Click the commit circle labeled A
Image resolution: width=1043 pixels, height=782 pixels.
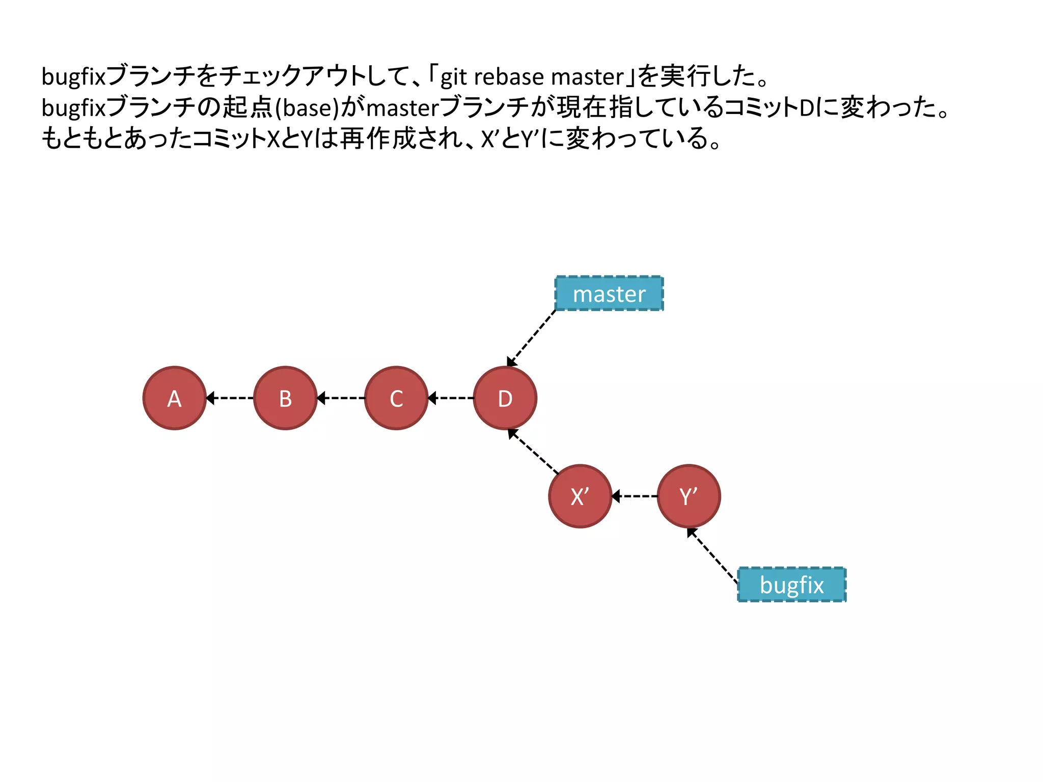point(174,398)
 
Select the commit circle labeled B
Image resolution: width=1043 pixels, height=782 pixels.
point(285,398)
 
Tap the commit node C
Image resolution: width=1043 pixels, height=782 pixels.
point(396,398)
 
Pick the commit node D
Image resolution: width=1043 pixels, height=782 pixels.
point(505,398)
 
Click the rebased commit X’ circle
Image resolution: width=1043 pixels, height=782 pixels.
point(580,496)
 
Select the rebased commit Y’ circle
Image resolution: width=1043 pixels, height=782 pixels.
point(689,496)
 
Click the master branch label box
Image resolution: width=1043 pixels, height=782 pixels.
point(609,294)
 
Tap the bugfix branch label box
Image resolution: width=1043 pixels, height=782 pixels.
point(791,584)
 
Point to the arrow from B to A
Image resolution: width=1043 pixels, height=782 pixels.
point(230,398)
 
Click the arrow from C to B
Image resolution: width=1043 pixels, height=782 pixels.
point(341,398)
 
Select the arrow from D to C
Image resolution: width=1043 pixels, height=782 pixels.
point(451,398)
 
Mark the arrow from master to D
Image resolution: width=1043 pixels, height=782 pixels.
point(531,338)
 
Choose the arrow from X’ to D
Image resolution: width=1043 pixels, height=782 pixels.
point(534,452)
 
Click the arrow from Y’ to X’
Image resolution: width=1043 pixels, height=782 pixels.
point(635,496)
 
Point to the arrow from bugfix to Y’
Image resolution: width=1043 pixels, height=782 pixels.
point(712,555)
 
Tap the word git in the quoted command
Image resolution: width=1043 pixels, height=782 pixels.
point(453,77)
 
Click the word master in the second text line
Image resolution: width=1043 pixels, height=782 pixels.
point(402,108)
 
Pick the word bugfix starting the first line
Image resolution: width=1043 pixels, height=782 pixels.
point(73,77)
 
